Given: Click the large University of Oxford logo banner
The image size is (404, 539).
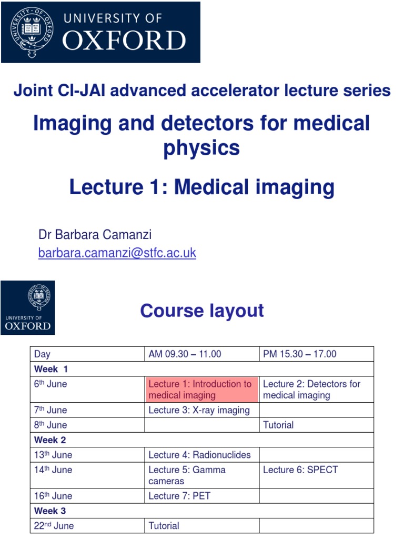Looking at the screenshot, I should pyautogui.click(x=100, y=32).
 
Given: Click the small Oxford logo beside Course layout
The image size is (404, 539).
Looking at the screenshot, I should pyautogui.click(x=28, y=308).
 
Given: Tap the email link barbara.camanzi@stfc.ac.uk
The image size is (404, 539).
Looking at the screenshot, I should pyautogui.click(x=117, y=253).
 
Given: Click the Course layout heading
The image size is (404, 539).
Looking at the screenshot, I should pyautogui.click(x=201, y=311).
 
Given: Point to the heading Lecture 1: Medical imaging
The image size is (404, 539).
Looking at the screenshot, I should pyautogui.click(x=201, y=187).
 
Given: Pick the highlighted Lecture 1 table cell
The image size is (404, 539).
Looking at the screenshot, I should pyautogui.click(x=201, y=390).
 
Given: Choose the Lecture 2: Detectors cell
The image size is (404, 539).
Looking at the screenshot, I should pyautogui.click(x=316, y=390).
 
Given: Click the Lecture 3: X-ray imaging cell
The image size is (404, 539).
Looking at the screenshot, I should pyautogui.click(x=201, y=410).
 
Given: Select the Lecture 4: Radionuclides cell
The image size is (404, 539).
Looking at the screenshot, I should pyautogui.click(x=201, y=455).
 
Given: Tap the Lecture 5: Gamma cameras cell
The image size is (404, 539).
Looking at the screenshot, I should pyautogui.click(x=201, y=475).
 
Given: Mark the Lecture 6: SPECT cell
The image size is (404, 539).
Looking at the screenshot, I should pyautogui.click(x=316, y=475).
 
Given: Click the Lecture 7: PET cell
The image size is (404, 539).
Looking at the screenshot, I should pyautogui.click(x=201, y=496).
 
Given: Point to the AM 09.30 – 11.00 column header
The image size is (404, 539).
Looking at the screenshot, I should pyautogui.click(x=201, y=354).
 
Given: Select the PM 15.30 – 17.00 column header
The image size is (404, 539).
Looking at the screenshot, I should pyautogui.click(x=316, y=354).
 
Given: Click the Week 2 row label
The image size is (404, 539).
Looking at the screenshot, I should pyautogui.click(x=50, y=440).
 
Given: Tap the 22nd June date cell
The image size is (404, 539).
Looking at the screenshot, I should pyautogui.click(x=87, y=525).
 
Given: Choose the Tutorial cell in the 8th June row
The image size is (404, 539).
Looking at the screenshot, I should pyautogui.click(x=316, y=425).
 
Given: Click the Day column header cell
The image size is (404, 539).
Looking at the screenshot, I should pyautogui.click(x=87, y=354).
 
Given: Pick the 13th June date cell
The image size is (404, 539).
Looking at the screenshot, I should pyautogui.click(x=87, y=455).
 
